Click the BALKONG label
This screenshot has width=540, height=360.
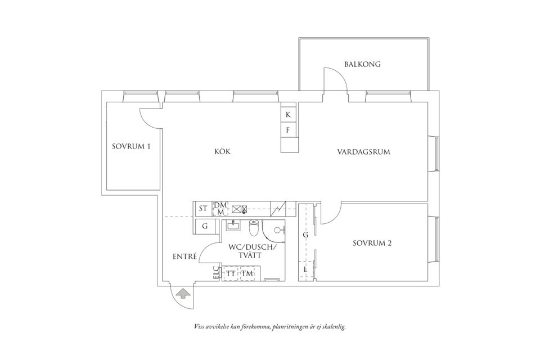[x=362, y=64]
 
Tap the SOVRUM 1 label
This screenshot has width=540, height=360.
[x=131, y=147]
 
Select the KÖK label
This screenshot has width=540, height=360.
[x=223, y=152]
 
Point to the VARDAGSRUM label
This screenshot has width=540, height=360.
[x=363, y=152]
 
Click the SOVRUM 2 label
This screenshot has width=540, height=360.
[x=372, y=244]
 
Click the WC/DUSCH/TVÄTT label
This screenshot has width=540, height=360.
[x=253, y=251]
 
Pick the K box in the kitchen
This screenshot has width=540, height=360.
[x=288, y=115]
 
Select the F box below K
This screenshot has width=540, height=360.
[x=288, y=130]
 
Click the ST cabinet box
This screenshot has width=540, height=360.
[x=203, y=209]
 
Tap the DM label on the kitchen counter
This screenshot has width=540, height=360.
[x=219, y=205]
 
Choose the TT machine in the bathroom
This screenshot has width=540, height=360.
[x=231, y=273]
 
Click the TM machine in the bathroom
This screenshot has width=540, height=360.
[x=247, y=273]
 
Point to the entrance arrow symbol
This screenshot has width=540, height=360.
[x=181, y=293]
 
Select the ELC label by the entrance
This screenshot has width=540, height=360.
[x=216, y=273]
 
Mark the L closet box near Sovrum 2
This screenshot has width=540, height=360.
[x=305, y=270]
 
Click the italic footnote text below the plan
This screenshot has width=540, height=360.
[x=269, y=326]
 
